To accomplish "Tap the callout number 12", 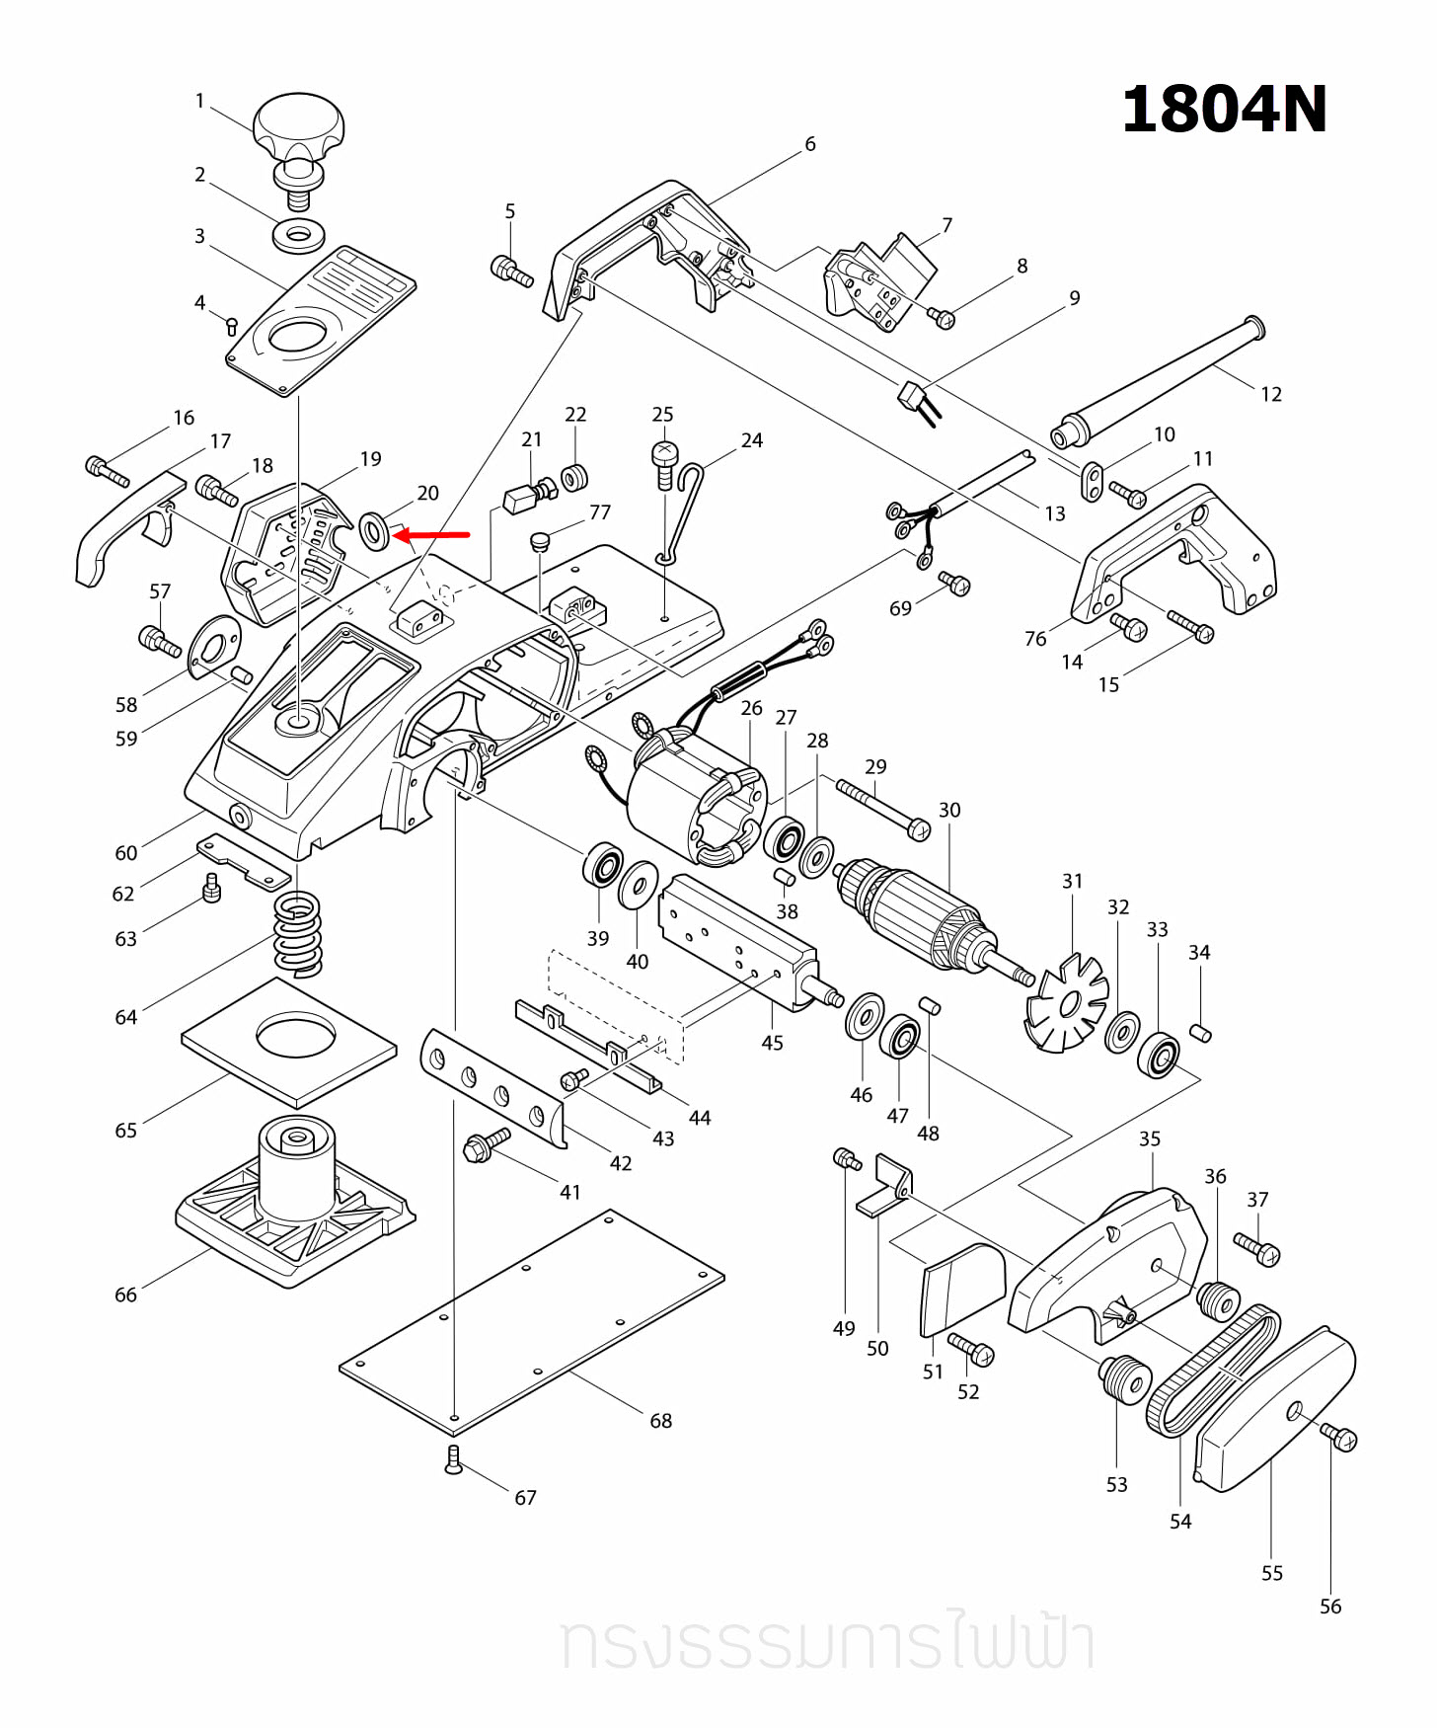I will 1270,395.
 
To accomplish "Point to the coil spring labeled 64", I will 297,933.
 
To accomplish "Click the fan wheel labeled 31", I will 1067,1005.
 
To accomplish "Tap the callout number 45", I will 772,1044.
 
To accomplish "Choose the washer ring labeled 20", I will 375,532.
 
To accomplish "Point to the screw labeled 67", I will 453,1459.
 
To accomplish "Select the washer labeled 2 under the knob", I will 298,236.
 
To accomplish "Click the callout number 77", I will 600,512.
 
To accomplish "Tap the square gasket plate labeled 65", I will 289,1042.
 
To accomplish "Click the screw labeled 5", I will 510,270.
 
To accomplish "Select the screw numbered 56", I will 1341,1438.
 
